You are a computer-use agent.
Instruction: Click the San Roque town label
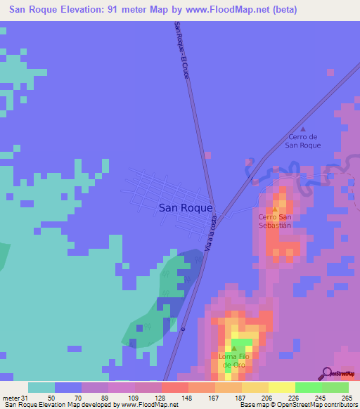pos(186,207)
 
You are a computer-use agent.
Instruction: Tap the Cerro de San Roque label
pos(302,141)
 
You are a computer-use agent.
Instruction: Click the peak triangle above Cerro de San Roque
pos(303,129)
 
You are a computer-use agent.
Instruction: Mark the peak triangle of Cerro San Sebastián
pos(275,209)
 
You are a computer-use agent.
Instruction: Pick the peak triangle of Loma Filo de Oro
pos(234,348)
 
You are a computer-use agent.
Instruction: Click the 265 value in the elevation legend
pos(345,397)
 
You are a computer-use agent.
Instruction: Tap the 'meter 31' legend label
pos(15,397)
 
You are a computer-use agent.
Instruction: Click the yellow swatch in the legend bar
pos(281,387)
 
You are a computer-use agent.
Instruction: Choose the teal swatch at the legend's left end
pos(41,387)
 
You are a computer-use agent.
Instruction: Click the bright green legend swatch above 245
pos(308,387)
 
